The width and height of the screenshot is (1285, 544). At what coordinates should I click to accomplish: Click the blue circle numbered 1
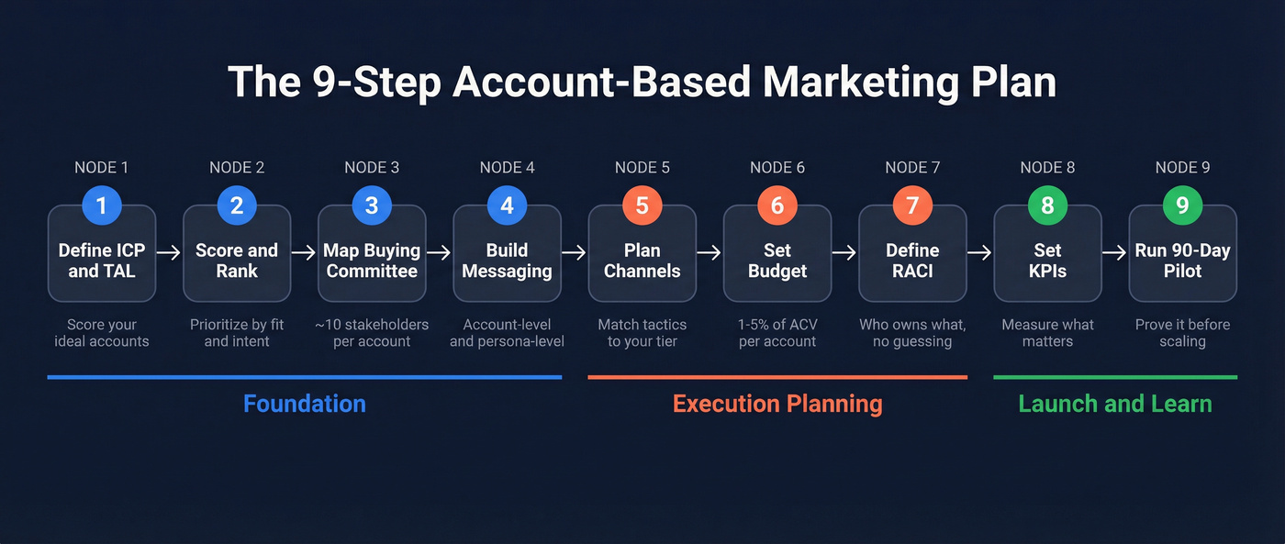tap(102, 205)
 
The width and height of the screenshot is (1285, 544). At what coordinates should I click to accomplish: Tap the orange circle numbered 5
tap(642, 205)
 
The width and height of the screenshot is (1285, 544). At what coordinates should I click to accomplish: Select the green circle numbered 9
tap(1182, 205)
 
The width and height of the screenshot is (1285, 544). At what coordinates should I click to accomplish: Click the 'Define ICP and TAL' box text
tap(102, 261)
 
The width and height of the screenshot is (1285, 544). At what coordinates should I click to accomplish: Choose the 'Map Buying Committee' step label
tap(372, 261)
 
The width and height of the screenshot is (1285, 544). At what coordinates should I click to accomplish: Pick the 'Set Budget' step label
tap(777, 261)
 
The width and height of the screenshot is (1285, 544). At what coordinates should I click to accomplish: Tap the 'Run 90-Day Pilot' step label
tap(1182, 261)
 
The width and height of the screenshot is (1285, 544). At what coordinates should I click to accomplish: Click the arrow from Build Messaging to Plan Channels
tap(575, 252)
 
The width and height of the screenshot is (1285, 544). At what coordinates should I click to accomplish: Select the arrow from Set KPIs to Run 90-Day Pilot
tap(1115, 252)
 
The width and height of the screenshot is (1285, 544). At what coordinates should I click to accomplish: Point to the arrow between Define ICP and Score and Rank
tap(170, 252)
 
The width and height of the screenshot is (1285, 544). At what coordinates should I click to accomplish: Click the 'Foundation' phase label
tap(304, 404)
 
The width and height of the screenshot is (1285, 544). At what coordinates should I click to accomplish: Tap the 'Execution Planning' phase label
tap(777, 404)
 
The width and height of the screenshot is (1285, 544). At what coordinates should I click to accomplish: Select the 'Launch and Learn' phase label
tap(1115, 404)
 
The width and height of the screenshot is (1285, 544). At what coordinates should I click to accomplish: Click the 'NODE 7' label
tap(912, 168)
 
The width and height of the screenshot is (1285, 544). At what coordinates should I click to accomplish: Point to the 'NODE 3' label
tap(372, 168)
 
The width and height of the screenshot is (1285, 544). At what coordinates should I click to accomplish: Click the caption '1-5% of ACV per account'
tap(777, 333)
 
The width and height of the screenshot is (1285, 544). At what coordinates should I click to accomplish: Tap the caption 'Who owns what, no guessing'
tap(912, 333)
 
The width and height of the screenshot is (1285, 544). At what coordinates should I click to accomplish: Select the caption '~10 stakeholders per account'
tap(372, 333)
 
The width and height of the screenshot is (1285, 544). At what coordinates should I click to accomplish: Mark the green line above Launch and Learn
tap(1115, 377)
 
